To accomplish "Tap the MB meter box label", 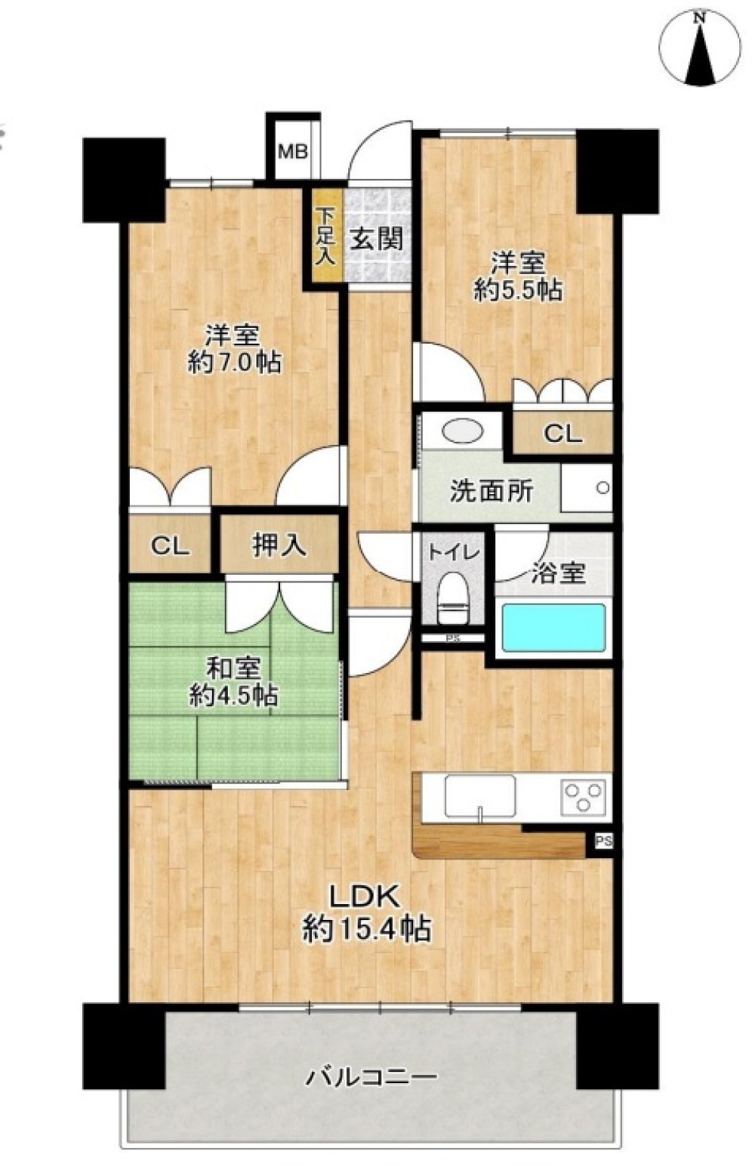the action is coord(292,152).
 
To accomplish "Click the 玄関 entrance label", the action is coord(376,239).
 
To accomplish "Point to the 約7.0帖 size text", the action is coord(234,363).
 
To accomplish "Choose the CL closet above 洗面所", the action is coord(562,433).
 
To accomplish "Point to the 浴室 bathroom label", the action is coord(558,573).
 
